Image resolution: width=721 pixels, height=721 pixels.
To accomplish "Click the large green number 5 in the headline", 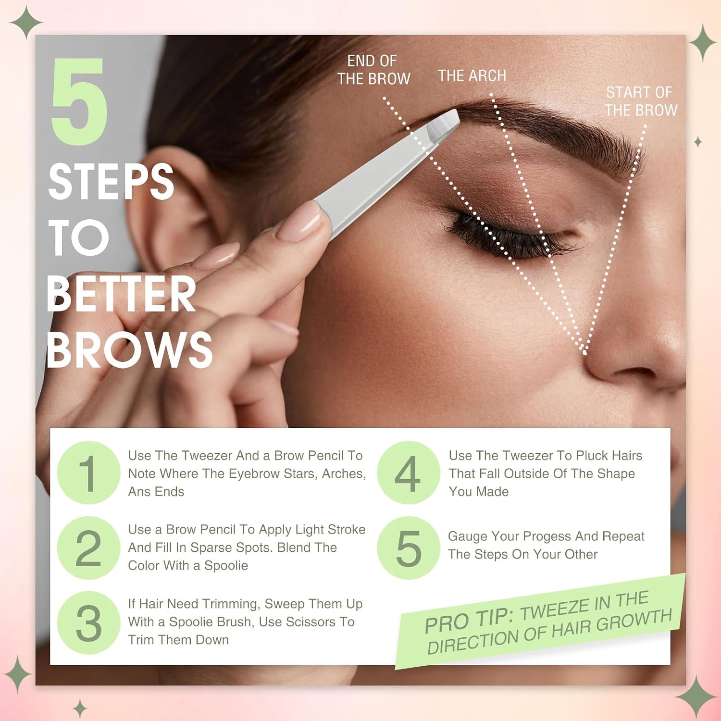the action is click(x=79, y=101).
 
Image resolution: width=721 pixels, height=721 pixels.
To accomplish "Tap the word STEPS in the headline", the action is click(x=111, y=182).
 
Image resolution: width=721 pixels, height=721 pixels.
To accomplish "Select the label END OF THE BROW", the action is click(x=373, y=70).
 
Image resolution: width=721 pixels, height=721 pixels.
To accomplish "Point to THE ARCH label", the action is click(x=472, y=76).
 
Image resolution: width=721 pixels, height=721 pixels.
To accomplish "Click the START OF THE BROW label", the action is click(x=641, y=101).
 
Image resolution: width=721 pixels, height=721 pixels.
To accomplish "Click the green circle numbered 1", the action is click(x=88, y=473).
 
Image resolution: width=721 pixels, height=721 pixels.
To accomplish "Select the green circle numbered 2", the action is click(x=88, y=548).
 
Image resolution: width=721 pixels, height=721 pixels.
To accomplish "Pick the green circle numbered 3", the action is click(x=88, y=623).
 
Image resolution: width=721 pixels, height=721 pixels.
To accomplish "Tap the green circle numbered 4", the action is click(x=409, y=473).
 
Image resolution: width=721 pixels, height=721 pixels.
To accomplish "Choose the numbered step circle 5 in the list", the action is click(x=409, y=548).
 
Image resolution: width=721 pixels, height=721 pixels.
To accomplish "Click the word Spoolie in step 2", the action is click(x=226, y=566).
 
